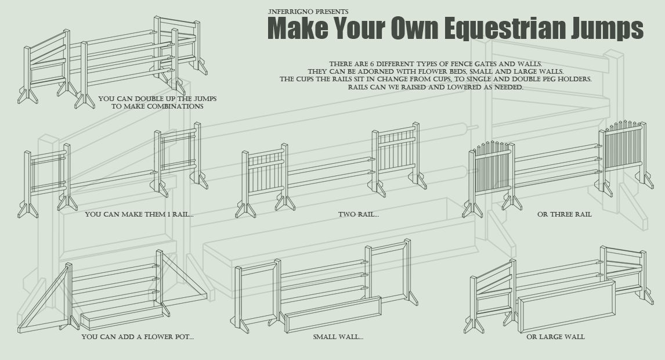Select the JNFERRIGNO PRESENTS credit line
[308, 11]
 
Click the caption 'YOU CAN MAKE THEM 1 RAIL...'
[139, 214]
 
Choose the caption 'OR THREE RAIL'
[564, 214]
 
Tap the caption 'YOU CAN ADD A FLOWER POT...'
[138, 337]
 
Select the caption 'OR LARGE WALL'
[555, 337]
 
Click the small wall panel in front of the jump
[332, 314]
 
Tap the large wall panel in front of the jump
[566, 305]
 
